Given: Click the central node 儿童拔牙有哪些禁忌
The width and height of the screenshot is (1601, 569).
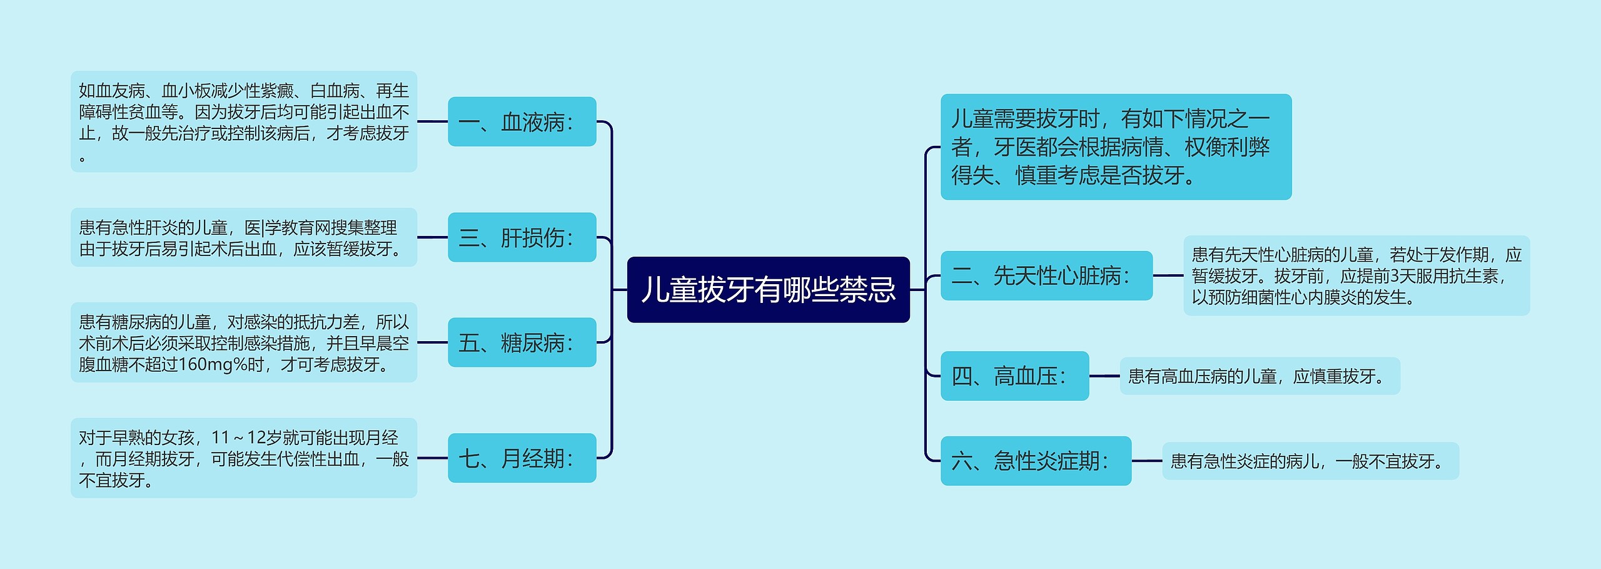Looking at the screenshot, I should tap(768, 290).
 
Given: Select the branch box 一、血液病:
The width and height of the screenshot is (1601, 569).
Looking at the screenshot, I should tap(522, 121).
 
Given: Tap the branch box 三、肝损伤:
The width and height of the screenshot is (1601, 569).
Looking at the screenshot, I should tap(522, 237).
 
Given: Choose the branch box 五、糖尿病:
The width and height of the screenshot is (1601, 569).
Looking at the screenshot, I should tap(522, 342).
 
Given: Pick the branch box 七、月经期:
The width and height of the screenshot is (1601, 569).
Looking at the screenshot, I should tap(522, 458).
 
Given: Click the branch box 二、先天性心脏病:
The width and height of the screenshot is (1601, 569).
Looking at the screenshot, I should tap(1046, 275).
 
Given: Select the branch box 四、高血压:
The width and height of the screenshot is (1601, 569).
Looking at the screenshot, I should tap(1014, 376).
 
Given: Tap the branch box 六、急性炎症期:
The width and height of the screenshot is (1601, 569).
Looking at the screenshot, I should tap(1036, 461).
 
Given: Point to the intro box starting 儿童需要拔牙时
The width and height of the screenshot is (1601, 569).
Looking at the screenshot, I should tap(1116, 147).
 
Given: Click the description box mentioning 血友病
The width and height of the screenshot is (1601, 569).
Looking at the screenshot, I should tap(243, 121).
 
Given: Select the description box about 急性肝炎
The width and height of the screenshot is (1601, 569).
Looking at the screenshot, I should tap(243, 237).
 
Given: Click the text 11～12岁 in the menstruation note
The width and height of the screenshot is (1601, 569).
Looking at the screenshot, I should tap(247, 437).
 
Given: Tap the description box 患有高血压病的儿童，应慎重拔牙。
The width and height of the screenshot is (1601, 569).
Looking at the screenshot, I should tap(1259, 376).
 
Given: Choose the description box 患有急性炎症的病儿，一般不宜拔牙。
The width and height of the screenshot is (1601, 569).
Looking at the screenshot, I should tap(1310, 461).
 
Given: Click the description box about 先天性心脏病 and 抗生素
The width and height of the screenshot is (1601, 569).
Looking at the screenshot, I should tap(1356, 275).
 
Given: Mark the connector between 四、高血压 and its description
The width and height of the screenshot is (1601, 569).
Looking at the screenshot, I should tap(1104, 376).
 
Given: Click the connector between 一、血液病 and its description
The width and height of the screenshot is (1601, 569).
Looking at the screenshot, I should tap(432, 121).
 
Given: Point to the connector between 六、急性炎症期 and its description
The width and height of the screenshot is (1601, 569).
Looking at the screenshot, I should tap(1146, 461).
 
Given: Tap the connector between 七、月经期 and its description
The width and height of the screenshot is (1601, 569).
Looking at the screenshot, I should tap(432, 458).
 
